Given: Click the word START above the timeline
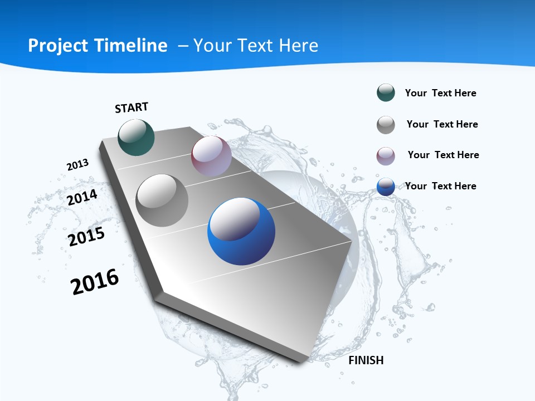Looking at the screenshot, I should [132, 107].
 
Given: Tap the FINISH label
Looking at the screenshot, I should [366, 360].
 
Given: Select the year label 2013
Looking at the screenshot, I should [78, 165].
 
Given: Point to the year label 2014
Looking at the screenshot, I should [82, 197].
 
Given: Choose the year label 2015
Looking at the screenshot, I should [86, 237].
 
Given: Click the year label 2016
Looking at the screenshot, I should [95, 282].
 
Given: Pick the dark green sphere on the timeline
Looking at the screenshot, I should [137, 137].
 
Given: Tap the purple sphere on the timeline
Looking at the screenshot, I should [211, 156].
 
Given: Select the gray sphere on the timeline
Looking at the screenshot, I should [162, 200].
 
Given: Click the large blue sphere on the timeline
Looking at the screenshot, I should [241, 231].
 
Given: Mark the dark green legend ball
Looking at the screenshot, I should [386, 92].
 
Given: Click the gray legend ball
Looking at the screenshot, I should [386, 125].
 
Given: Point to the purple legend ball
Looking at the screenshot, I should [386, 156].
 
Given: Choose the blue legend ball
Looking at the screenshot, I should [386, 187].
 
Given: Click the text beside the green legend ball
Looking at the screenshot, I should [441, 93].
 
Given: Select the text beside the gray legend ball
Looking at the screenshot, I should [442, 124].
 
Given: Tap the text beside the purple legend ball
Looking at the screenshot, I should [444, 155].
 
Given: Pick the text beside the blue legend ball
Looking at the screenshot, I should [441, 186].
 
